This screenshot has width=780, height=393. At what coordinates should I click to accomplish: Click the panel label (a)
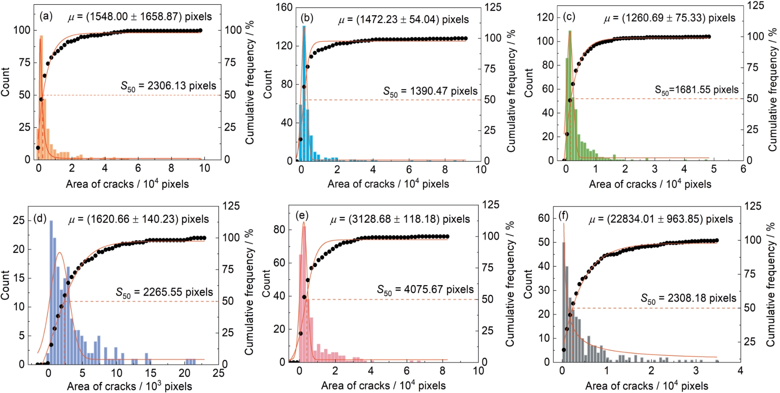point(46,17)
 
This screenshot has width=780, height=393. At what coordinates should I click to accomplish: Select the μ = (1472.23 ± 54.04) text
point(403,20)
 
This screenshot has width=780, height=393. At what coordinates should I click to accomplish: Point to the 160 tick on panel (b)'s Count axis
point(284,7)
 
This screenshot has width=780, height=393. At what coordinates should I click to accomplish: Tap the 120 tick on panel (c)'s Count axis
point(545,17)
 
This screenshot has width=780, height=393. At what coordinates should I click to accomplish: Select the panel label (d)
point(40,219)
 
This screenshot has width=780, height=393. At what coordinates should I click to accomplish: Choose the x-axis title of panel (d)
point(129,386)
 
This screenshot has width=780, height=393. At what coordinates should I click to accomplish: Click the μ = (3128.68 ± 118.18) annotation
point(400,219)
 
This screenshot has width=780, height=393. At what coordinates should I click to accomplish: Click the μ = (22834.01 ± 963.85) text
point(660,219)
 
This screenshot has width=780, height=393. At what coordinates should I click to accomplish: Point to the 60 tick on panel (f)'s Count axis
point(544,218)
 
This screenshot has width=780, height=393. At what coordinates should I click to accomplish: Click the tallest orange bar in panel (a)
point(41,98)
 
